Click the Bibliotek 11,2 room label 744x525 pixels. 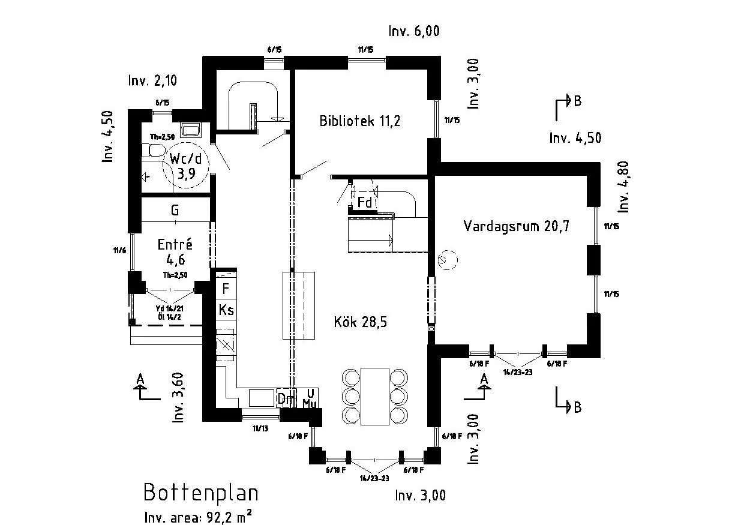tap(359, 121)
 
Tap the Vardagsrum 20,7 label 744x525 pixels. tap(516, 226)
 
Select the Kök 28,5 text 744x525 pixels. tap(360, 322)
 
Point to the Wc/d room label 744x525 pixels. tap(185, 159)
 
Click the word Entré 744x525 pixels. tap(175, 245)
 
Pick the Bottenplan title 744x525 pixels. tap(201, 493)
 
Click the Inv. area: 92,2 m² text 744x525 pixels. tap(197, 517)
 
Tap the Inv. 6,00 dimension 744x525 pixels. tap(414, 32)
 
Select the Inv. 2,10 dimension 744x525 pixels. tap(152, 80)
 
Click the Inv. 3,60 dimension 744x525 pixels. tap(178, 398)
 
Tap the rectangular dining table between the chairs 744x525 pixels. tap(374, 397)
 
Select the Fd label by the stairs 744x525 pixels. tap(365, 203)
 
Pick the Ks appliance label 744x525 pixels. tap(226, 310)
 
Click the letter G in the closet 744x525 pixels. tap(175, 211)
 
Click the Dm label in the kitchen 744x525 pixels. tap(284, 398)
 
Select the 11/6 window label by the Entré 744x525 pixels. tap(119, 250)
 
